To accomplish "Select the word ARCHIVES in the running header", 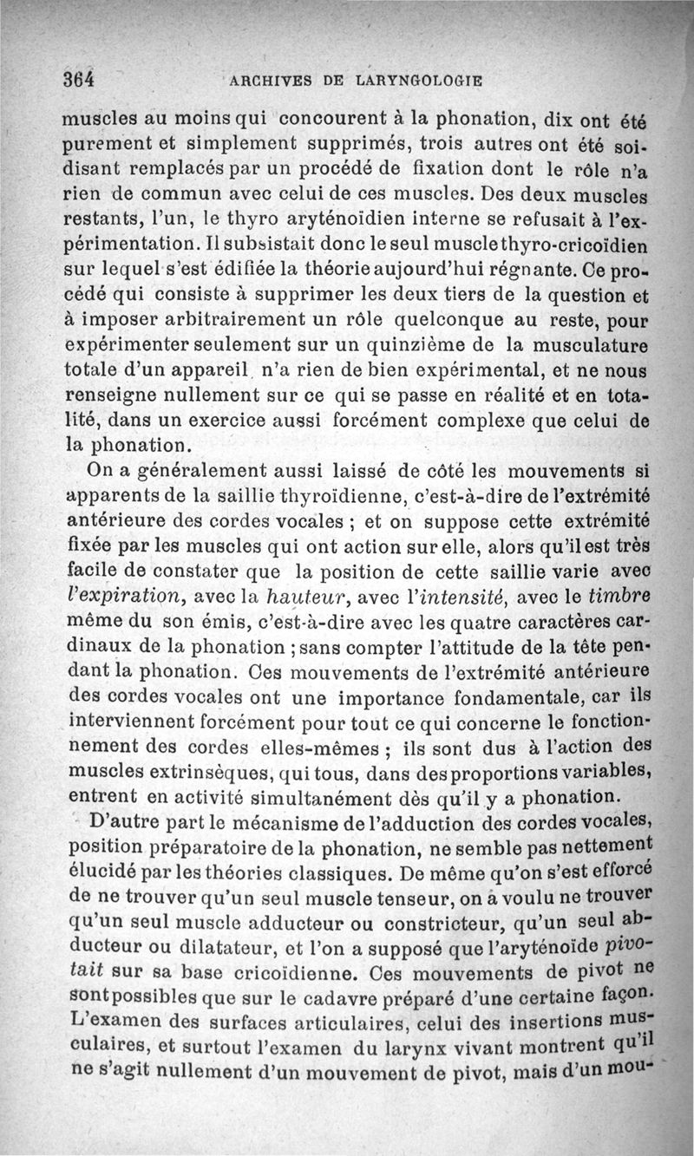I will tap(265, 81).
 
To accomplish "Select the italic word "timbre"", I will tap(619, 595).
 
